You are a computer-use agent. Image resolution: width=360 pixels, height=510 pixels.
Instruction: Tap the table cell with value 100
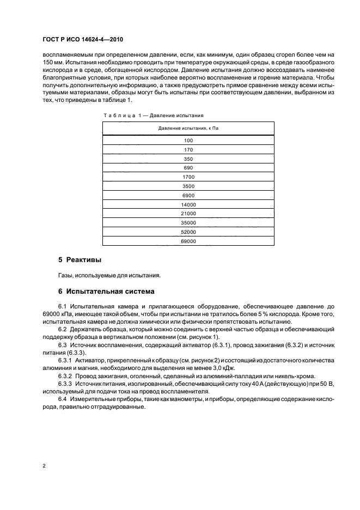point(189,140)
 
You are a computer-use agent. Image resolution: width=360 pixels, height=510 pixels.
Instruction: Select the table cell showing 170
point(189,149)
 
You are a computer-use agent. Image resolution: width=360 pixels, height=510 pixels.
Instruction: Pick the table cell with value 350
point(189,159)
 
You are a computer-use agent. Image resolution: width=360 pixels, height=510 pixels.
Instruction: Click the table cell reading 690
point(189,168)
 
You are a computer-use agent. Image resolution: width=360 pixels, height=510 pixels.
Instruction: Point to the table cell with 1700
point(189,177)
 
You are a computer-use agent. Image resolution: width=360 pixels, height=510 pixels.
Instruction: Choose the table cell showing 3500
point(189,186)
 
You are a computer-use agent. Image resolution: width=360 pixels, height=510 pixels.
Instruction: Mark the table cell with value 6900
point(189,195)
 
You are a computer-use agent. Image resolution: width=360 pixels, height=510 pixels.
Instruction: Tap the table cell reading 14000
point(189,204)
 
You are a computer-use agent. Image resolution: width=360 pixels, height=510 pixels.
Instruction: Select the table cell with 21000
point(189,214)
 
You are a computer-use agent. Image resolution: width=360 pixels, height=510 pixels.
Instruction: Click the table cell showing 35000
point(189,223)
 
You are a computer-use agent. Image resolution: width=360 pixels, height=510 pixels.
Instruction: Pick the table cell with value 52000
point(189,232)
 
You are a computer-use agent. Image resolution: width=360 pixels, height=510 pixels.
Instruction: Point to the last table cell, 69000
point(189,241)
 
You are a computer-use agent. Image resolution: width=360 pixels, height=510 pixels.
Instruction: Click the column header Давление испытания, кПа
point(189,127)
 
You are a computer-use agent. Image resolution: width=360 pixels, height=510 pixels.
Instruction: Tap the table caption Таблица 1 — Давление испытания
point(153,116)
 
